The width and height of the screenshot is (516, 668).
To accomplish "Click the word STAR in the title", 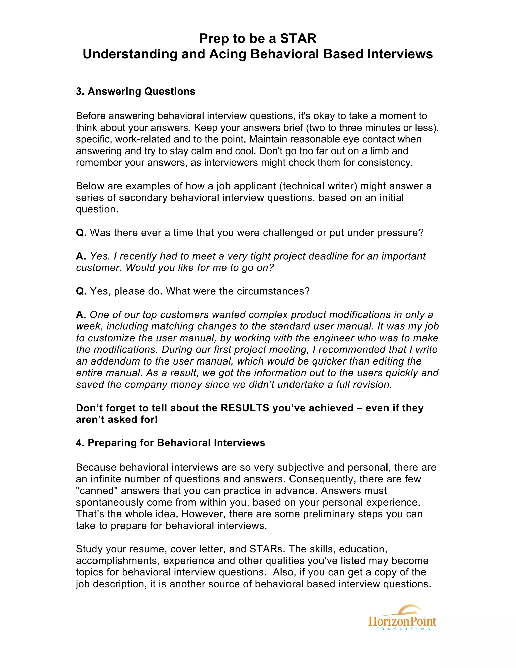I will tap(298, 39).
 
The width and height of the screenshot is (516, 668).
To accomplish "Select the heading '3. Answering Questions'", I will tap(135, 92).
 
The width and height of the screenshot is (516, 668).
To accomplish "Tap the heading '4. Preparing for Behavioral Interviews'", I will tap(170, 443).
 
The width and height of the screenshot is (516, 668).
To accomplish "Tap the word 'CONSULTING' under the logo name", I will tap(403, 629).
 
